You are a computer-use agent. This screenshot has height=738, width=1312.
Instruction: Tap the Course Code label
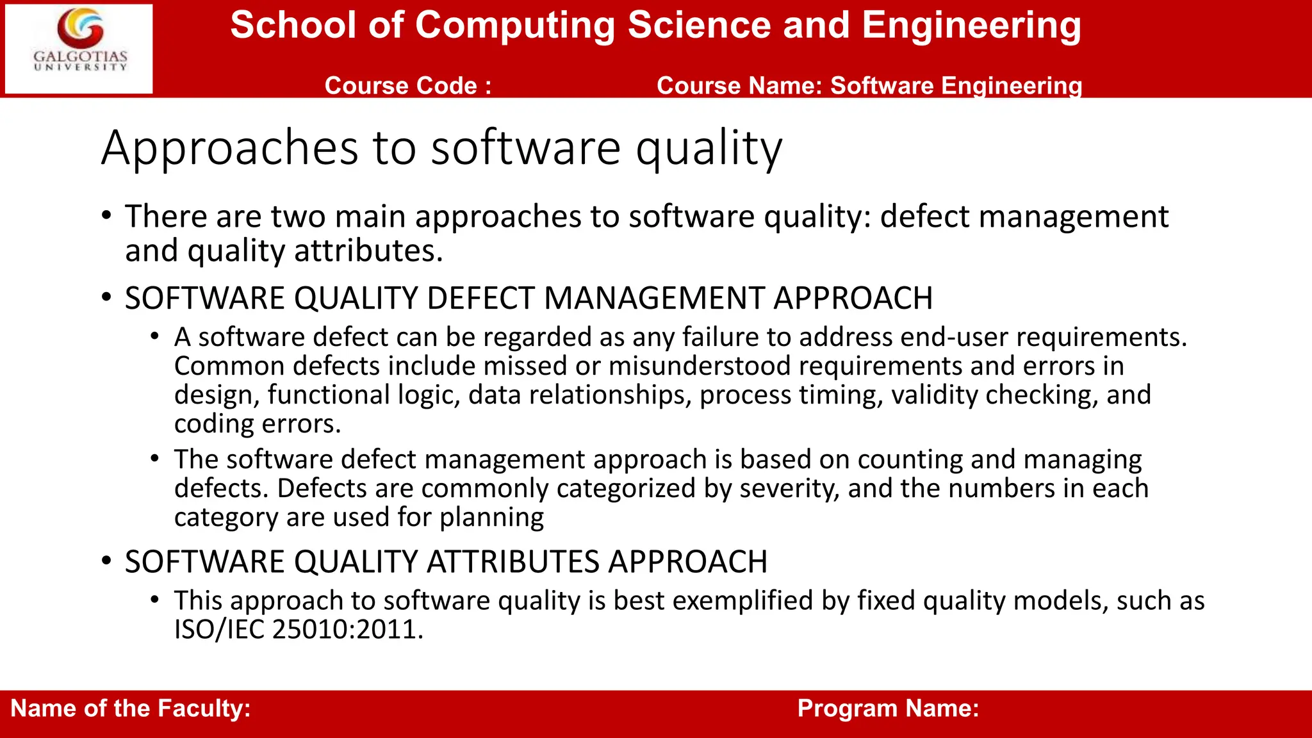(x=408, y=86)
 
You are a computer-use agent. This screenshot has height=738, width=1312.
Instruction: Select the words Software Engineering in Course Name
(x=956, y=86)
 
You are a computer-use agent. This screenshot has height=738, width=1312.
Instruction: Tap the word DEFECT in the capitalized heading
(x=480, y=299)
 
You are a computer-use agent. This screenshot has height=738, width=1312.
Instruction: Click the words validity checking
(x=991, y=395)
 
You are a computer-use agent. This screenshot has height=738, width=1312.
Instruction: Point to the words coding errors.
(x=258, y=424)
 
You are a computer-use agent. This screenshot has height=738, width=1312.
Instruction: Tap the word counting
(x=910, y=460)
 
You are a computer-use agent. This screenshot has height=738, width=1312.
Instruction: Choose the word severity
(x=788, y=489)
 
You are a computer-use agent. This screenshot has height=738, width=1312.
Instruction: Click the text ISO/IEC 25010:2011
(x=299, y=630)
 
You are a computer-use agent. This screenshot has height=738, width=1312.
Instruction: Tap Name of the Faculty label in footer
(x=131, y=709)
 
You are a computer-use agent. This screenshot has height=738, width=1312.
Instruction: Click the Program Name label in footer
(x=888, y=709)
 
